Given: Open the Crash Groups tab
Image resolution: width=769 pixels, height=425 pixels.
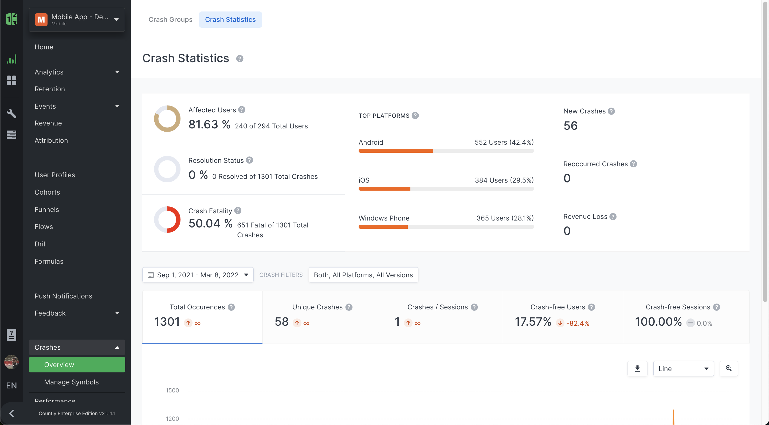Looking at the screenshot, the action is (170, 19).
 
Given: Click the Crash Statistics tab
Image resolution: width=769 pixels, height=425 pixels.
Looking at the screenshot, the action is (230, 19).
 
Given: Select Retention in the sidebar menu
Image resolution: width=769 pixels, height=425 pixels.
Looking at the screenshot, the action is (50, 89).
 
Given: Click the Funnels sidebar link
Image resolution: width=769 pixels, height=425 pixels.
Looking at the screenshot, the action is (46, 210).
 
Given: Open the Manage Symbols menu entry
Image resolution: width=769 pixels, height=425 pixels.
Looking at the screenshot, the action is (71, 382).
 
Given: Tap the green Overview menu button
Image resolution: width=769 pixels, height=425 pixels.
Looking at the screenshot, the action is (77, 364).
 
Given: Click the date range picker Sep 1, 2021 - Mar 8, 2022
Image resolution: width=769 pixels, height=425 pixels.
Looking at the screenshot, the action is (198, 275).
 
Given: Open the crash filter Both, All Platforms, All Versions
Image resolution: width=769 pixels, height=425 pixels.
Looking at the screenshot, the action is (363, 275).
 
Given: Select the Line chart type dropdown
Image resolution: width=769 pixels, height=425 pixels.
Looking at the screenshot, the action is (683, 368).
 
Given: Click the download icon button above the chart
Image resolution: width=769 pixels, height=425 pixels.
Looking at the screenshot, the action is (637, 368).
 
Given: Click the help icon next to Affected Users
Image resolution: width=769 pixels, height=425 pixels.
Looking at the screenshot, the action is (242, 109).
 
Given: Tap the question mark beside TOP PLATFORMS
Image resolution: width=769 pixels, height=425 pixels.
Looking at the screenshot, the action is (415, 115).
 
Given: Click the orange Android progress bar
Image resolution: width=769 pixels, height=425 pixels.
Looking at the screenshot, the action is (395, 151).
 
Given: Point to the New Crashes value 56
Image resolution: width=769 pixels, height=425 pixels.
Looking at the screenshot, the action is (570, 126).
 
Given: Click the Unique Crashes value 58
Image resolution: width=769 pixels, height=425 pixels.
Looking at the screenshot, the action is (281, 321).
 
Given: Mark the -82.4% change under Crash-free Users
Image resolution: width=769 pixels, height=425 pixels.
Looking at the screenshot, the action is (578, 323).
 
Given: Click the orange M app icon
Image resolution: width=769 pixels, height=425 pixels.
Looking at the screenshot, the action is (41, 19).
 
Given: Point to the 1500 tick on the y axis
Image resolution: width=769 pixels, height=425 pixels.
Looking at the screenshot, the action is (172, 390).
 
